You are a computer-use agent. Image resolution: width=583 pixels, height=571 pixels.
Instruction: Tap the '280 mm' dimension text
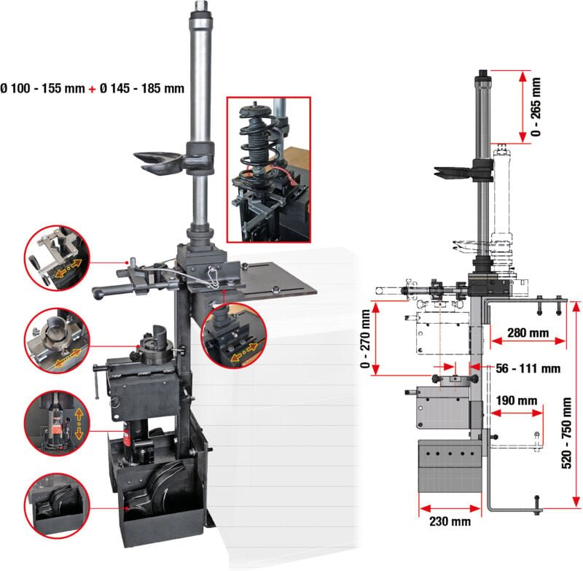[x=528, y=333]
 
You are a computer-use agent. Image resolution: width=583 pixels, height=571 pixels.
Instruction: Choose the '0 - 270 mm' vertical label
[x=366, y=340]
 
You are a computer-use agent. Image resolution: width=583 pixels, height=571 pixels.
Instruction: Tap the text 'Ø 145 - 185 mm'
[x=142, y=88]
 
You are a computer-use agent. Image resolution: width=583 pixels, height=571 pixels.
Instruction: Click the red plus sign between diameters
[x=92, y=88]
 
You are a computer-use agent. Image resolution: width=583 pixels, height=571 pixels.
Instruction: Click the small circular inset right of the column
[x=235, y=336]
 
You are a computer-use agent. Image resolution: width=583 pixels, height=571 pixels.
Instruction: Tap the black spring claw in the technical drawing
[x=456, y=171]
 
